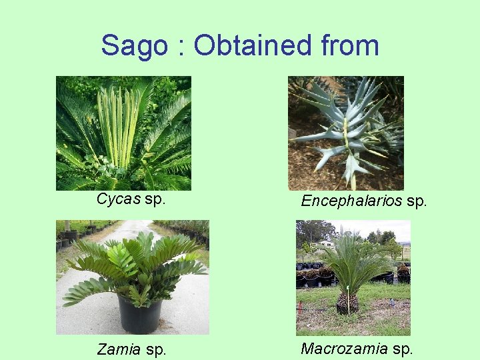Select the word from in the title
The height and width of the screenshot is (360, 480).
coord(349,46)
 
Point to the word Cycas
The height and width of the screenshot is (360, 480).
coord(119,199)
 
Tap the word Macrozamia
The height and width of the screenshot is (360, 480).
coord(344,348)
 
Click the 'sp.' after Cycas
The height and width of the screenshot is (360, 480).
coord(155,199)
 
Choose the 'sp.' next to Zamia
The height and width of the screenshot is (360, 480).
coord(155,349)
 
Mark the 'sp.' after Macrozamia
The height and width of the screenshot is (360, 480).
coord(402,348)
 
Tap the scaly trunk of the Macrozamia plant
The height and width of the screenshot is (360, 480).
coord(347,303)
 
